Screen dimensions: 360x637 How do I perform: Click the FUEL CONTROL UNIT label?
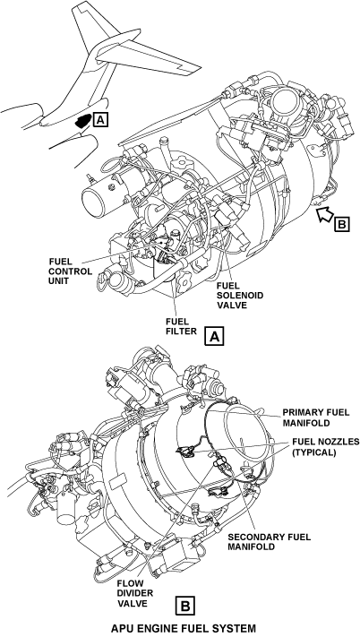[x=71, y=271]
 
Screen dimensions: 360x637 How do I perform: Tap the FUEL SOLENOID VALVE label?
[x=240, y=295]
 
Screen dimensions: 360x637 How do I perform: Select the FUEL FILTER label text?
[x=181, y=326]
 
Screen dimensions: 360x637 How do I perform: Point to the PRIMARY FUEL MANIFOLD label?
[x=316, y=417]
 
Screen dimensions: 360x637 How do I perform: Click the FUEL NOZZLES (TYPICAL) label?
[x=325, y=447]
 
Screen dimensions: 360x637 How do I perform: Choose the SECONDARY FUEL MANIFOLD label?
[x=269, y=541]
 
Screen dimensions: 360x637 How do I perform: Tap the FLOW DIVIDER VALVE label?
[x=133, y=593]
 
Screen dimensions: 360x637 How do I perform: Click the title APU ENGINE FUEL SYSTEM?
[x=184, y=628]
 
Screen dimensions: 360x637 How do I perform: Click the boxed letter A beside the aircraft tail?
[x=100, y=120]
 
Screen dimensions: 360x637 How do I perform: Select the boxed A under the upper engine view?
[x=214, y=336]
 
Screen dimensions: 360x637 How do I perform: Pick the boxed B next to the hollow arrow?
[x=342, y=223]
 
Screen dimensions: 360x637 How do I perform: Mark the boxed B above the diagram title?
[x=185, y=606]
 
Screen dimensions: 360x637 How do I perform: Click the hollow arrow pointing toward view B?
[x=325, y=214]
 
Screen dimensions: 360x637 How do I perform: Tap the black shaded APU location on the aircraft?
[x=83, y=121]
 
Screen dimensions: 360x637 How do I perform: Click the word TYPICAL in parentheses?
[x=314, y=452]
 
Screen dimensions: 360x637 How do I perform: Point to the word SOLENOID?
[x=240, y=295]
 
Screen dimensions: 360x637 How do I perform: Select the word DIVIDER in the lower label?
[x=133, y=593]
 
